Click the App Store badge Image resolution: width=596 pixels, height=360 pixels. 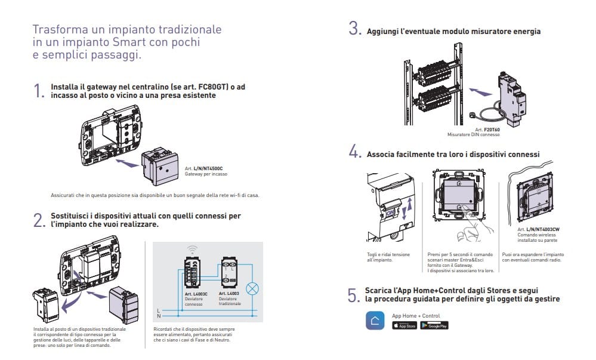click(x=404, y=325)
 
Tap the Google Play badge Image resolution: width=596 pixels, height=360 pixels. click(x=434, y=325)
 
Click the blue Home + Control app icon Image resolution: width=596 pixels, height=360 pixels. click(x=375, y=321)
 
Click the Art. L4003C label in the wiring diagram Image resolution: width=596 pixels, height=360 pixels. click(x=196, y=294)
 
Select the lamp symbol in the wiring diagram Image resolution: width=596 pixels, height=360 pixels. click(x=253, y=288)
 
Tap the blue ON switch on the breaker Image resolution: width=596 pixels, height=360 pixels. click(x=391, y=211)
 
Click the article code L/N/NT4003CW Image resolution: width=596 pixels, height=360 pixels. click(x=542, y=229)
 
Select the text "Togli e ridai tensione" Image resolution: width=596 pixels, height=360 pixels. click(x=388, y=254)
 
